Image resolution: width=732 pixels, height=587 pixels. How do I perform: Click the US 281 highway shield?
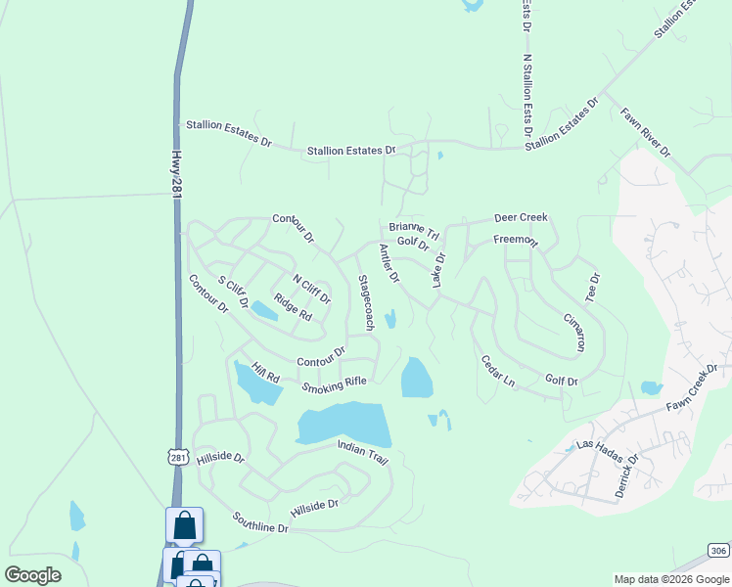coord(176,457)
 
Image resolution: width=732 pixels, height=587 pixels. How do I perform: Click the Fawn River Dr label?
coord(646,132)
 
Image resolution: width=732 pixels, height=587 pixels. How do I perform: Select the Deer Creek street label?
coord(521,217)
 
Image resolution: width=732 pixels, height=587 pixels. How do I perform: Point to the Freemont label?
coord(516,240)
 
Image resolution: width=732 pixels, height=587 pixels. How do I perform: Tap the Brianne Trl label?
coord(415,231)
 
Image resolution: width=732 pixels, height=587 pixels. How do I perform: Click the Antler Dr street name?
coord(389,264)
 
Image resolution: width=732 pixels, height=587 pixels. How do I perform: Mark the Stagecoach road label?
coord(365,302)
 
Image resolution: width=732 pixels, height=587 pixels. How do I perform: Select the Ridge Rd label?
coord(292,307)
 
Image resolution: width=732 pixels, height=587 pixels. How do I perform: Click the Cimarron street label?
coord(574,332)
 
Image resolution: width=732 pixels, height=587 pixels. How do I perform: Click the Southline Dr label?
coord(261,521)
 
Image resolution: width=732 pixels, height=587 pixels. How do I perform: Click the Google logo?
coord(32,574)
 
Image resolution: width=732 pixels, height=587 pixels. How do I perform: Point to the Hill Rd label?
coord(265,372)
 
